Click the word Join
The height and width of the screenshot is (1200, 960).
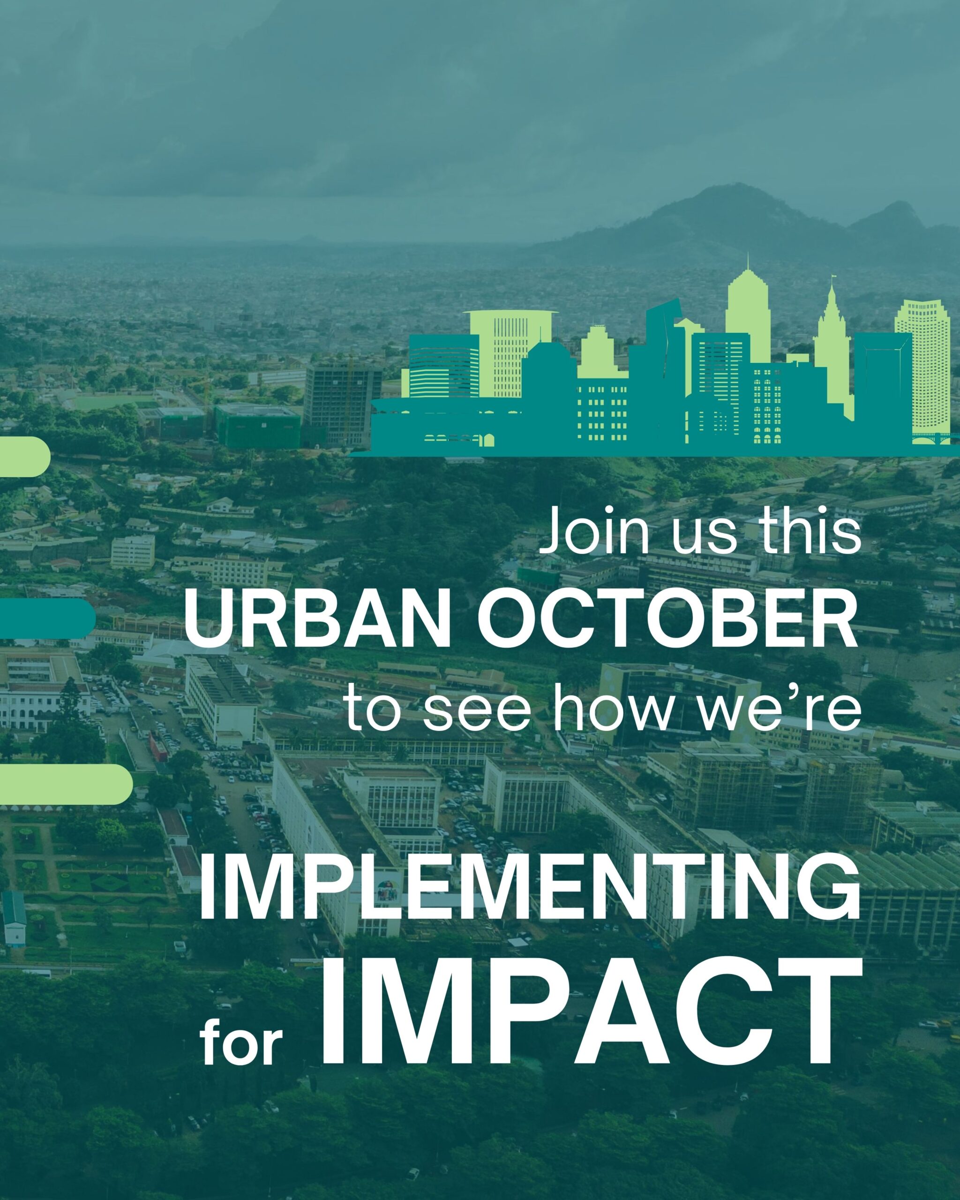click(595, 531)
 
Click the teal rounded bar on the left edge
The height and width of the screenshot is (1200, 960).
click(47, 618)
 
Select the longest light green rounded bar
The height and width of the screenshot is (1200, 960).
click(66, 784)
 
